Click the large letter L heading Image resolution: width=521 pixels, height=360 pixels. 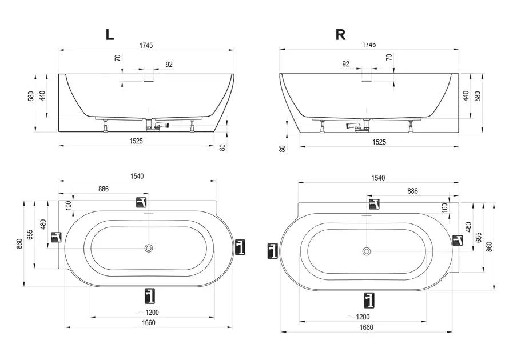pyautogui.click(x=110, y=34)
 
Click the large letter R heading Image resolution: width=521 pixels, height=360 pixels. pyautogui.click(x=341, y=34)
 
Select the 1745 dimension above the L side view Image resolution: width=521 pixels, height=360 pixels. pyautogui.click(x=146, y=46)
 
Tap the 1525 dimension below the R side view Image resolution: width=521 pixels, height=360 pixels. pyautogui.click(x=379, y=142)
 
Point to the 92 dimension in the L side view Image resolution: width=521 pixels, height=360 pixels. pyautogui.click(x=169, y=65)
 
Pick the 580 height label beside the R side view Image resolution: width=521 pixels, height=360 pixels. pyautogui.click(x=478, y=96)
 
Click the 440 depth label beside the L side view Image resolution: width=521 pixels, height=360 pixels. pyautogui.click(x=42, y=96)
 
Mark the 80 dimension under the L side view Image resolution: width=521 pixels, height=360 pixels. pyautogui.click(x=222, y=147)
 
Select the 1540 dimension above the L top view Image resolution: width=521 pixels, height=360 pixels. pyautogui.click(x=137, y=176)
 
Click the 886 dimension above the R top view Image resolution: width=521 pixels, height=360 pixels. pyautogui.click(x=412, y=191)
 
